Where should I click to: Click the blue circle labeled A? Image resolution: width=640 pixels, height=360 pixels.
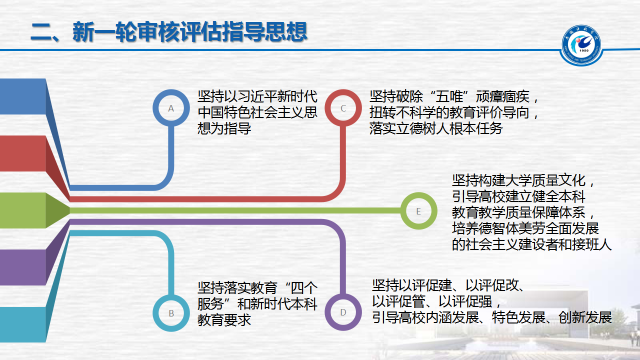(171, 108)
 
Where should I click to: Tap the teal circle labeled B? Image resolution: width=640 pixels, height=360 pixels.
(171, 313)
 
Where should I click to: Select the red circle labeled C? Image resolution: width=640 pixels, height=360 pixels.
(343, 108)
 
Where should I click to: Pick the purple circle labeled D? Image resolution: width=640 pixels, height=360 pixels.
(343, 312)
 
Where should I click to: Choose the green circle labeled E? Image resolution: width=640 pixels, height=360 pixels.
(418, 211)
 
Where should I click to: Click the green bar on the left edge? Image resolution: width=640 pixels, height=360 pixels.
(22, 210)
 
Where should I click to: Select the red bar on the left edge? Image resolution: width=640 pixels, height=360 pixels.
(22, 153)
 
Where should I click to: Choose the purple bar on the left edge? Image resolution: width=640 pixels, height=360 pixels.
(22, 267)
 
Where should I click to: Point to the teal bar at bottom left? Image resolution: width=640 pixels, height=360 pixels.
(22, 324)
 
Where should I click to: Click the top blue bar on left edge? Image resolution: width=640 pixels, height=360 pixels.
(22, 96)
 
